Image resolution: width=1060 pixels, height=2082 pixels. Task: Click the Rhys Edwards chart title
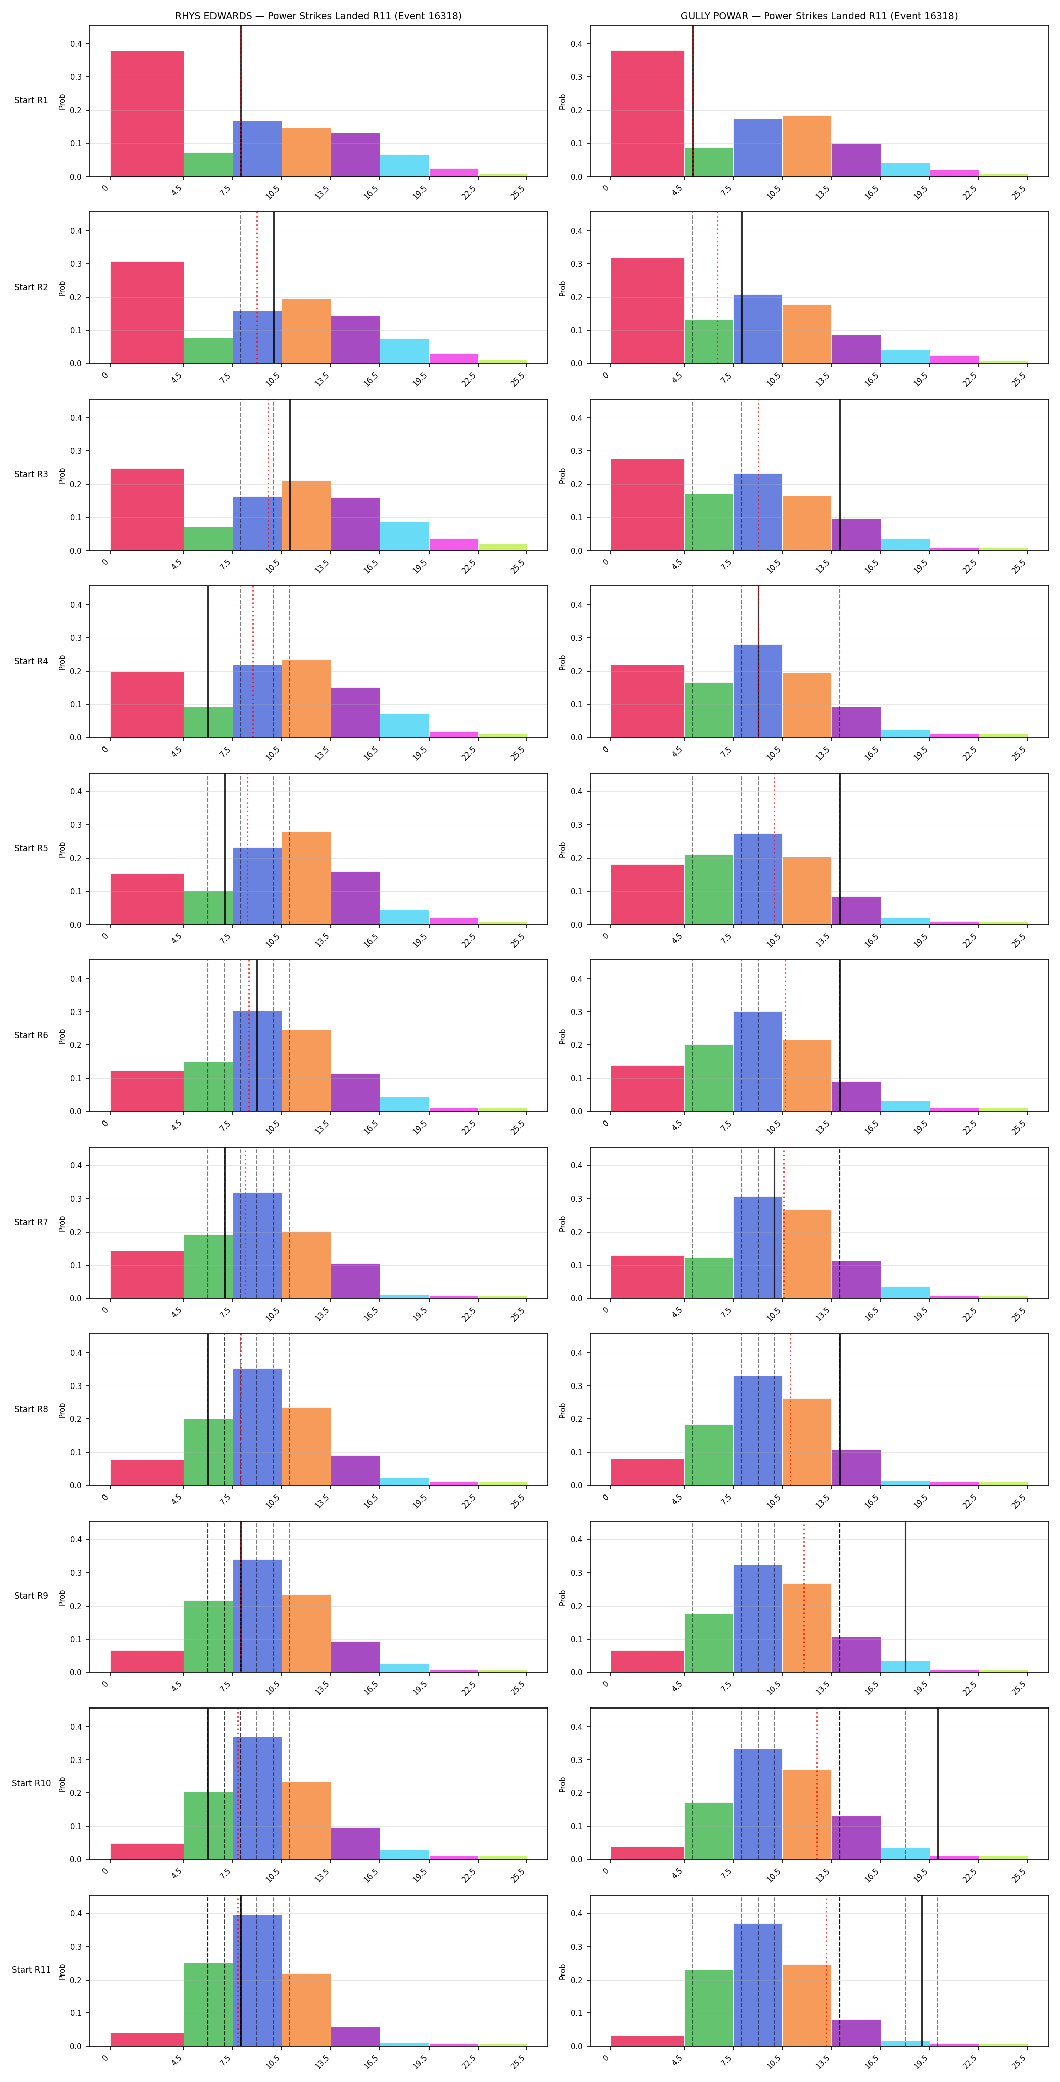(x=318, y=15)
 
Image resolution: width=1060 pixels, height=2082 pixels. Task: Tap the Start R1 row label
(x=31, y=101)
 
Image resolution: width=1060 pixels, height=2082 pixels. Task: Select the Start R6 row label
(x=31, y=1035)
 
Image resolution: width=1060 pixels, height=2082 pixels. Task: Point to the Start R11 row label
(x=31, y=1969)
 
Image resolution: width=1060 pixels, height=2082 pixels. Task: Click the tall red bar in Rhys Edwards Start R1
(x=147, y=114)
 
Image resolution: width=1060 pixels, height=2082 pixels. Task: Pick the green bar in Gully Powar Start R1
(x=709, y=163)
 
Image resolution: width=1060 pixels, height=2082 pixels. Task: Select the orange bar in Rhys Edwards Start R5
(x=306, y=879)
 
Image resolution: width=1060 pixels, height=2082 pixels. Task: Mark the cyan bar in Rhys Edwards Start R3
(x=404, y=537)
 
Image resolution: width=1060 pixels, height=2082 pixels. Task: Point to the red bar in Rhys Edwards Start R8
(x=147, y=1473)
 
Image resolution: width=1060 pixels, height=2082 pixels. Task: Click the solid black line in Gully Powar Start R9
(x=905, y=1597)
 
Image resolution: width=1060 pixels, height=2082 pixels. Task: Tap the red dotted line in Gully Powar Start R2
(x=717, y=288)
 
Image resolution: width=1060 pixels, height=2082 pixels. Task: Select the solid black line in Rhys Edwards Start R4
(x=208, y=662)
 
